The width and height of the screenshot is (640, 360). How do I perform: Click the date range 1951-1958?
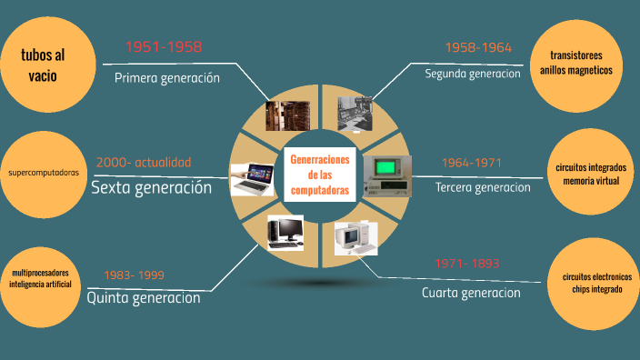(164, 47)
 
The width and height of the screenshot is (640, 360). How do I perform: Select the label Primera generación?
(167, 78)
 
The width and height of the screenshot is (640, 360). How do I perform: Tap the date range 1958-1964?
(478, 47)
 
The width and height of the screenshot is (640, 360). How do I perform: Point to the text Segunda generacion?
(473, 74)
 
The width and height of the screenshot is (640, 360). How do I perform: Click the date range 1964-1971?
(472, 163)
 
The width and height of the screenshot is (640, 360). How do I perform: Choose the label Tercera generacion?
(483, 187)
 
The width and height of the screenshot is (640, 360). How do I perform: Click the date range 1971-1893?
(467, 264)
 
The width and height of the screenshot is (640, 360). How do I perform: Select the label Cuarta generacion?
(471, 293)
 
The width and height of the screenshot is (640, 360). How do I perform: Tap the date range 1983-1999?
(134, 275)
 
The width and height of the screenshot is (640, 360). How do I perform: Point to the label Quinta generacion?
(144, 297)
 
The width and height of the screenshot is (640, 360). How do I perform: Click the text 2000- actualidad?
(144, 163)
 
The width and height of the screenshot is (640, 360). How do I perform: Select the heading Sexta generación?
(151, 188)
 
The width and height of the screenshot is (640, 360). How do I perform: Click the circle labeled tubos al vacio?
(44, 66)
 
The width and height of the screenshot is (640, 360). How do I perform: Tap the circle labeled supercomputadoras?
(44, 172)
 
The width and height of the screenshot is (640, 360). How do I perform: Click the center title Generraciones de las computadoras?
(320, 175)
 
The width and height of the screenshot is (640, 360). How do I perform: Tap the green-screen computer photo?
(386, 174)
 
